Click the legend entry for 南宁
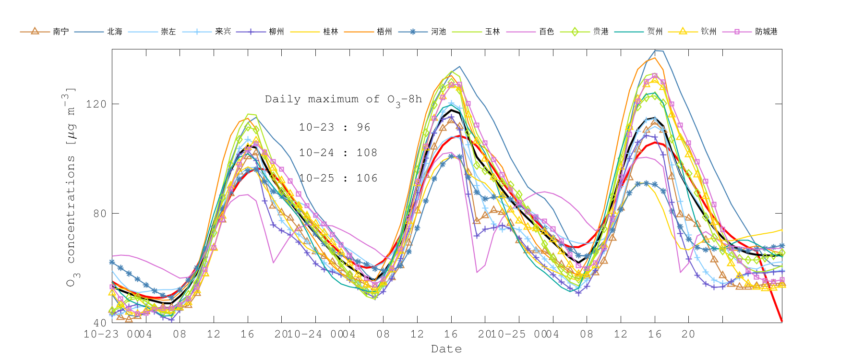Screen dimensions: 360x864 (60, 32)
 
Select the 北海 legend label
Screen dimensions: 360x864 (115, 32)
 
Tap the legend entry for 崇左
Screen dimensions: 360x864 (168, 32)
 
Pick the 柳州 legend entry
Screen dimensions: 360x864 (276, 32)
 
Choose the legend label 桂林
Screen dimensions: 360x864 (331, 32)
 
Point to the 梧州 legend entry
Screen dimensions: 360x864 (384, 32)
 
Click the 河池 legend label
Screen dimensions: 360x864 (439, 32)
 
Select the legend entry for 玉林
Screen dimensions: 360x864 (492, 32)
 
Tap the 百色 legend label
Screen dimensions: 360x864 (547, 32)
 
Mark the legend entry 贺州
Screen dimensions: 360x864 (655, 32)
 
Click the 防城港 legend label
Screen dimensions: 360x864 (766, 32)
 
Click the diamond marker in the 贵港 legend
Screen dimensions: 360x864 (575, 32)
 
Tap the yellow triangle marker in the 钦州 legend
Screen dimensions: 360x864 (683, 31)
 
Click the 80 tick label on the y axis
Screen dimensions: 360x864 (99, 213)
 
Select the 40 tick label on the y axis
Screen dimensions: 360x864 (99, 323)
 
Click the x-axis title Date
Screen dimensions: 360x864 (446, 349)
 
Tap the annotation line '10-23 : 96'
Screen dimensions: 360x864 (335, 127)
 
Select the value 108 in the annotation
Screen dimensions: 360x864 (367, 153)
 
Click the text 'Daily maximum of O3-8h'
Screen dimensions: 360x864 (343, 99)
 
